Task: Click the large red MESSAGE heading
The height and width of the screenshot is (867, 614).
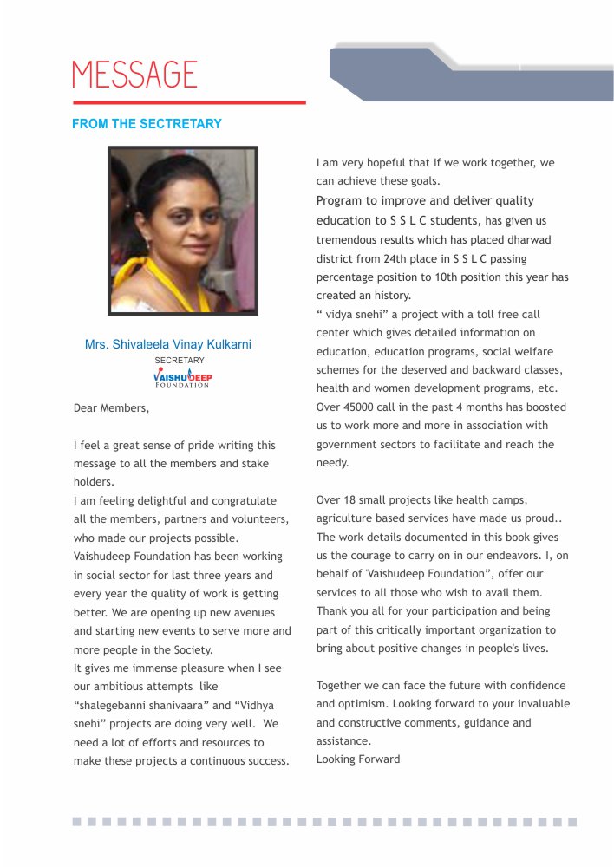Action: pyautogui.click(x=134, y=74)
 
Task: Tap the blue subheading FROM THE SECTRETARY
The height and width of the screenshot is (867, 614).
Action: pyautogui.click(x=147, y=124)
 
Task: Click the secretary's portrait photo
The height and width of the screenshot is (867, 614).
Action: pyautogui.click(x=182, y=230)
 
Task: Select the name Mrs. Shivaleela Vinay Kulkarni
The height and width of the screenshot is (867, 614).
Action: pyautogui.click(x=168, y=344)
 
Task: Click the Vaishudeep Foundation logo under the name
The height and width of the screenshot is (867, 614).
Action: pyautogui.click(x=181, y=378)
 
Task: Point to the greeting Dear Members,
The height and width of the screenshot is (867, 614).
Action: pyautogui.click(x=112, y=407)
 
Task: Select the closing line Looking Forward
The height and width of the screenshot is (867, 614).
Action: pyautogui.click(x=358, y=759)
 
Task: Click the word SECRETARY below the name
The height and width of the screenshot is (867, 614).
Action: pyautogui.click(x=180, y=360)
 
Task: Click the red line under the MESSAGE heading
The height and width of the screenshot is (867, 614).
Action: pyautogui.click(x=189, y=102)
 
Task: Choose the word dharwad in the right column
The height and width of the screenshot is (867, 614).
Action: pyautogui.click(x=530, y=240)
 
